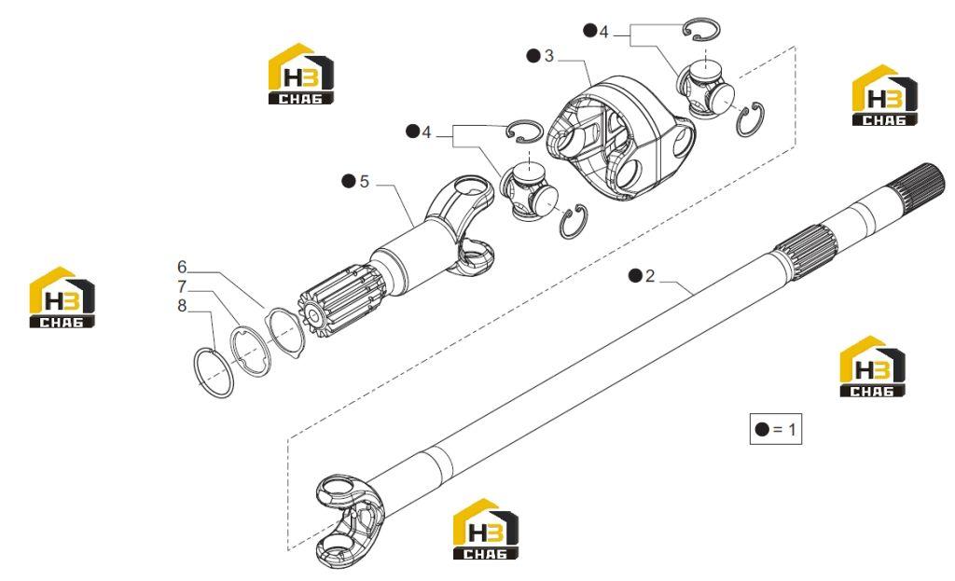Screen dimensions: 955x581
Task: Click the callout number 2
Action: coord(650,276)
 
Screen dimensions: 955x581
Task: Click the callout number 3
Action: coord(548,56)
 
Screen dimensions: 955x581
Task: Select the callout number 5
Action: coord(365,182)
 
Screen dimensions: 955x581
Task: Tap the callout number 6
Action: coord(182,267)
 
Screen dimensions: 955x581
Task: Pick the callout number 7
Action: coord(182,286)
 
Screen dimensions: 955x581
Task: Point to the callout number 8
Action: coord(182,306)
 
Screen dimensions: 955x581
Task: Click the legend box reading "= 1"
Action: coord(775,429)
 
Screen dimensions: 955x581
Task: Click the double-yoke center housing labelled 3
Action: coord(620,137)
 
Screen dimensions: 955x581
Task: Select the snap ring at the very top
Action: coord(701,29)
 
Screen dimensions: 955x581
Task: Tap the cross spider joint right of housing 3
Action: coord(707,90)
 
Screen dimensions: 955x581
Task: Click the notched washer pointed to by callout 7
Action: coord(250,352)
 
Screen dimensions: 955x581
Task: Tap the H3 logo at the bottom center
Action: coord(485,529)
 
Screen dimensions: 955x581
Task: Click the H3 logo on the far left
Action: coord(62,297)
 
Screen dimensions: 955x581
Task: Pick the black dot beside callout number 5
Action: coord(349,181)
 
